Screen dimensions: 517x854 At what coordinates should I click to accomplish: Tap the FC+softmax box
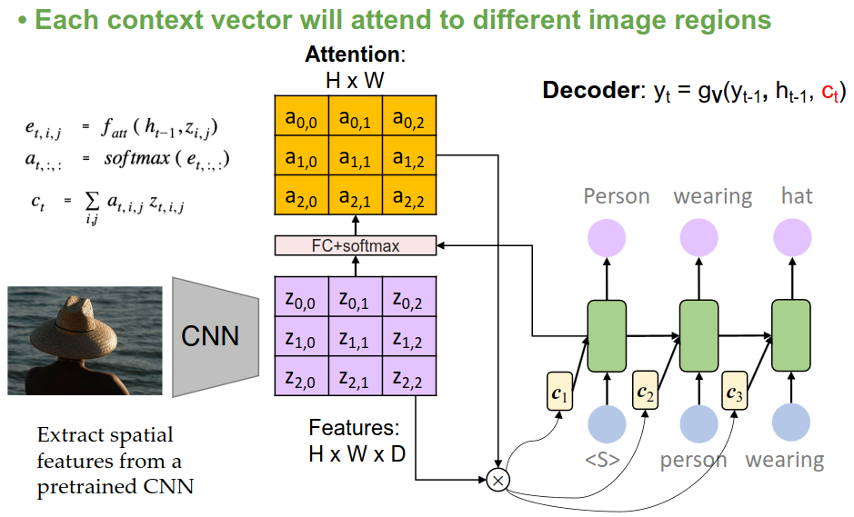356,245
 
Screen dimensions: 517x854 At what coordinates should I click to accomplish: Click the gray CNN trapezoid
208,337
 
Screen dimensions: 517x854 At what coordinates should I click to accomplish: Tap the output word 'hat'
797,196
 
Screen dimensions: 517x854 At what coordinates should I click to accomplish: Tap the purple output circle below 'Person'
607,239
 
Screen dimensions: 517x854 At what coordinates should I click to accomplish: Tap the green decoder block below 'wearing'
699,335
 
